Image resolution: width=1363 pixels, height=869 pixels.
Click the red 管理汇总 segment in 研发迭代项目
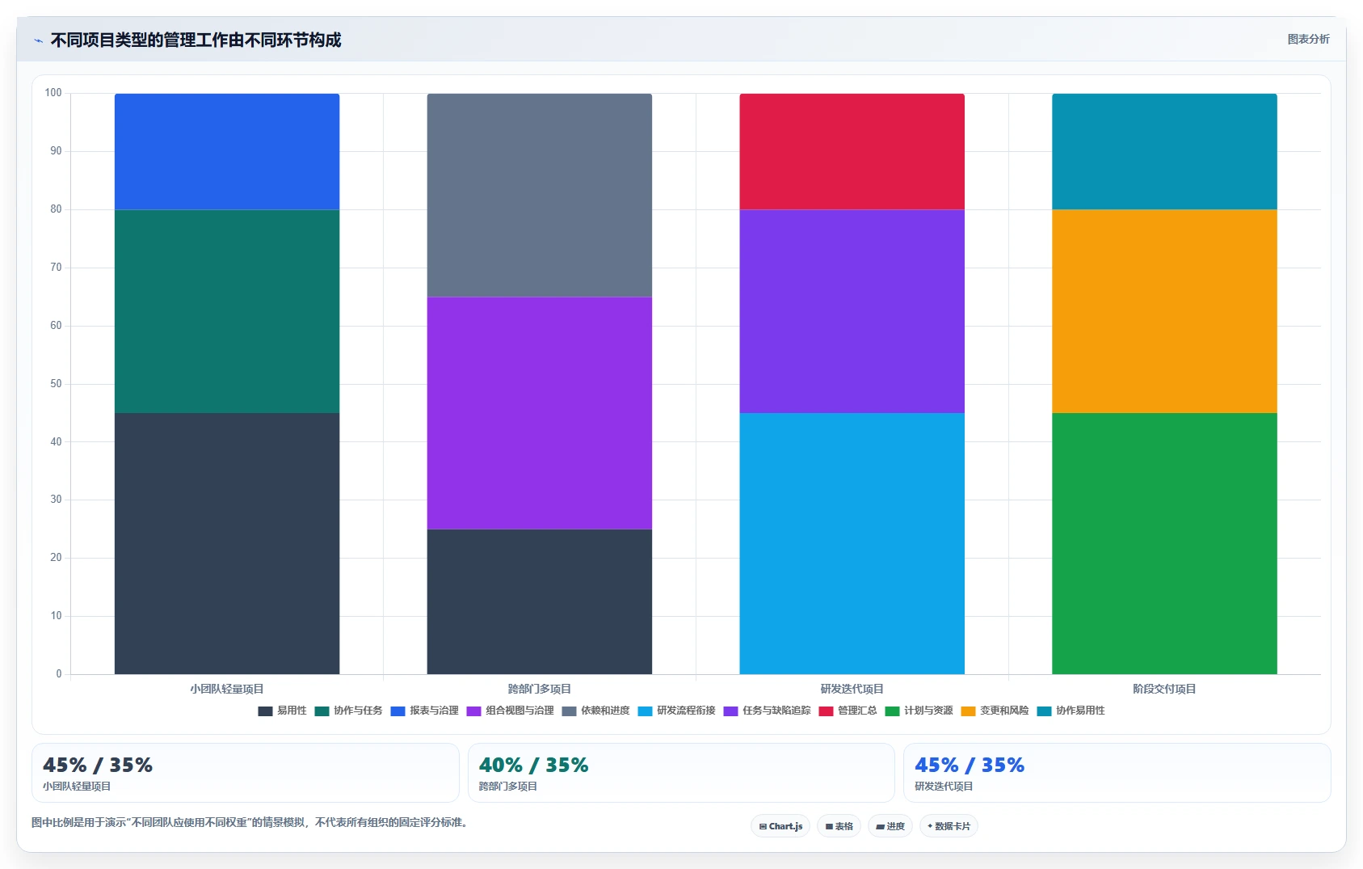pos(852,152)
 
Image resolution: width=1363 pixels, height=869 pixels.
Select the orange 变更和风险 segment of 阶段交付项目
pos(1164,311)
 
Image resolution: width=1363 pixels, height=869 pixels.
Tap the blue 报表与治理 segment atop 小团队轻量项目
pos(227,152)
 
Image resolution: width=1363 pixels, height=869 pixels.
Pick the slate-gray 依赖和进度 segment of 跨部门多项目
pos(539,195)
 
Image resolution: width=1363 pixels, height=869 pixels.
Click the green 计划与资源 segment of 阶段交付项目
pos(1164,543)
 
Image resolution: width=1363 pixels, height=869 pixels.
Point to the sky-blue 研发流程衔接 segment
pos(852,543)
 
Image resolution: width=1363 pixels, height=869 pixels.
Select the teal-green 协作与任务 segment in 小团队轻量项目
pos(227,311)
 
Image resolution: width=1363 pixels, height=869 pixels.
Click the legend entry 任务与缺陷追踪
pos(768,711)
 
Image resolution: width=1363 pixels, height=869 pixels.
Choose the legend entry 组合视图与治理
pos(511,711)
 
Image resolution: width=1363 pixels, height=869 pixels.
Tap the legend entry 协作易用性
pos(1071,711)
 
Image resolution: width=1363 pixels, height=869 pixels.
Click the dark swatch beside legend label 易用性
pos(265,711)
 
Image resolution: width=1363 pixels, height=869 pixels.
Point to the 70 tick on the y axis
pos(56,267)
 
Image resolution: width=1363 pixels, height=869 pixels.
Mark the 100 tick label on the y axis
pos(53,93)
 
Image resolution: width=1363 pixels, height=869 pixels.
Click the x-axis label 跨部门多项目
pos(539,689)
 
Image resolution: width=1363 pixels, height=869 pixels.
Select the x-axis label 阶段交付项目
pos(1164,689)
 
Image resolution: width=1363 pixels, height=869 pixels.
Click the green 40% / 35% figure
pos(533,765)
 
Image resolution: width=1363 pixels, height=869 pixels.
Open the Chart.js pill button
pos(780,826)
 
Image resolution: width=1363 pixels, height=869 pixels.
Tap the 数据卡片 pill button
pos(949,826)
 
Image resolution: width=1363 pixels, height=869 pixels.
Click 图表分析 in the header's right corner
pos(1308,40)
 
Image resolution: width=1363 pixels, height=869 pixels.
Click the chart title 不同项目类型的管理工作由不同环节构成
pos(196,40)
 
